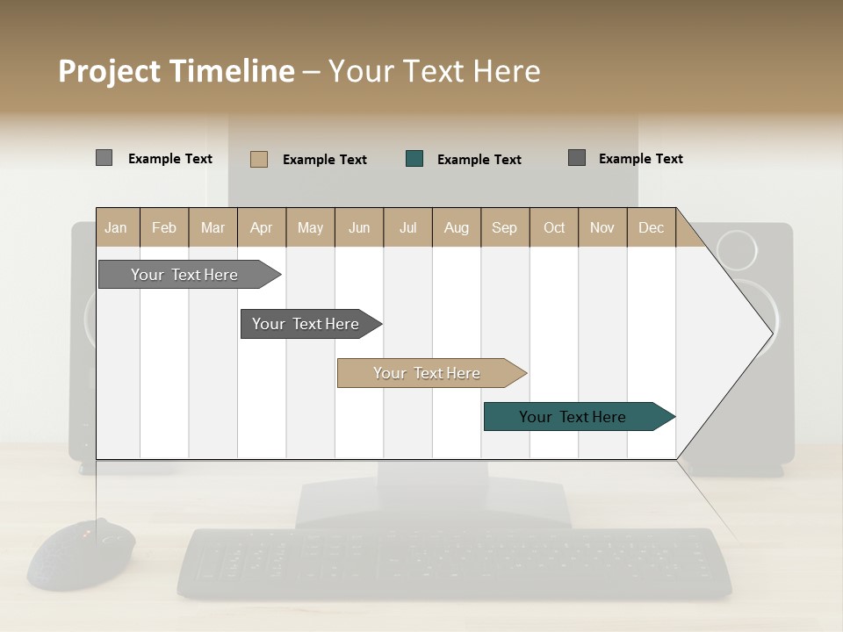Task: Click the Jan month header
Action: pos(117,227)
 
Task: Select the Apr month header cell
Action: pos(262,227)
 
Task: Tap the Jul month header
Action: pos(407,227)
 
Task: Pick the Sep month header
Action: pos(504,227)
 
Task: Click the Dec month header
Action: pos(651,227)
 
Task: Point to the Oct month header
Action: pos(554,227)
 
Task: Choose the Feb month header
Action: pos(164,227)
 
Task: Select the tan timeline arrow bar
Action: pos(428,373)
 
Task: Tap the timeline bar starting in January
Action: pos(185,275)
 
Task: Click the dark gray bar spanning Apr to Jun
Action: pos(306,324)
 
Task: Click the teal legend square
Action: pos(414,159)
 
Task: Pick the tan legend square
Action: pos(259,159)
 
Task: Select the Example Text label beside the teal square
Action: pos(479,160)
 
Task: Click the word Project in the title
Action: pos(110,71)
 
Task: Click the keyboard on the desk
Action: pos(454,563)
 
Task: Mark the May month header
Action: pos(310,227)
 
